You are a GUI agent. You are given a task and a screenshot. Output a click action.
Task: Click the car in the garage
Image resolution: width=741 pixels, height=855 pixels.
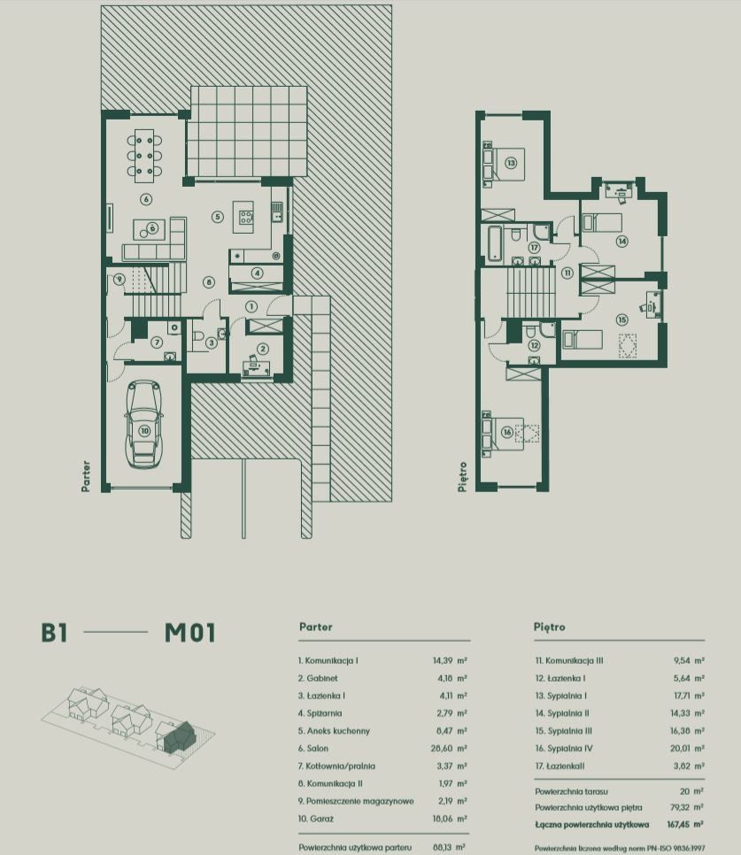144,424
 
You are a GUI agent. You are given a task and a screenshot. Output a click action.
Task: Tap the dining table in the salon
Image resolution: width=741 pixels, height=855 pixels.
144,156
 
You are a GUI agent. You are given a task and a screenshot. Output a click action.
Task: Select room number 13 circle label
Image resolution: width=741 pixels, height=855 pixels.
510,163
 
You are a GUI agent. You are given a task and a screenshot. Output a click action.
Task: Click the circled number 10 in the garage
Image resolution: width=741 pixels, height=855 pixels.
144,431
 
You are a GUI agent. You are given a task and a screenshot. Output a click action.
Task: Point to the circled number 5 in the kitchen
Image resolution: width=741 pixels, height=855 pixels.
218,217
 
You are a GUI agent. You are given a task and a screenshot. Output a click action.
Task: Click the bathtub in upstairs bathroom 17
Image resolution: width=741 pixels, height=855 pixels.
495,243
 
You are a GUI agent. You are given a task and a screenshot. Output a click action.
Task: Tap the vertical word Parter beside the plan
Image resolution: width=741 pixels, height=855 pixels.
86,476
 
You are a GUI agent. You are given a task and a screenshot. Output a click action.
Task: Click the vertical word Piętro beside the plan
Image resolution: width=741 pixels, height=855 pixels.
462,477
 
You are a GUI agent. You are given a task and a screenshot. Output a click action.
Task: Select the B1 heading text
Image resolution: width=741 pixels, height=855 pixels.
54,633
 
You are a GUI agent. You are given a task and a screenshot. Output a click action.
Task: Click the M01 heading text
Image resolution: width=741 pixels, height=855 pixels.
189,633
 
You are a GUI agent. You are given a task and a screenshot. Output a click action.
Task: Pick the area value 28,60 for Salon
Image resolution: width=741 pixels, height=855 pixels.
442,749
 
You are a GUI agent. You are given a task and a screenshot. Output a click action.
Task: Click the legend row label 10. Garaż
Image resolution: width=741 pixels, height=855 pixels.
316,819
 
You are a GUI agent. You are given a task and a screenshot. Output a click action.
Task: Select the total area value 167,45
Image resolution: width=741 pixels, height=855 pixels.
679,825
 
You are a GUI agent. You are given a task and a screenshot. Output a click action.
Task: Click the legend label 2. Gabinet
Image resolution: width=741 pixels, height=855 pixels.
318,678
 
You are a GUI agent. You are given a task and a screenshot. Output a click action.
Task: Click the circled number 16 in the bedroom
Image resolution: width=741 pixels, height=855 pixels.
507,433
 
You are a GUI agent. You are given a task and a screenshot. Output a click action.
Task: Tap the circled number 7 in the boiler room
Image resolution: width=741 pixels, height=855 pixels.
157,342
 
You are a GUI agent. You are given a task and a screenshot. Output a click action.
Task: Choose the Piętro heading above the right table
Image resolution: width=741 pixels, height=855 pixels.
549,627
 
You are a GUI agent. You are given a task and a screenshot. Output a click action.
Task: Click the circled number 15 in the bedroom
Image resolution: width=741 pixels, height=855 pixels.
621,320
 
